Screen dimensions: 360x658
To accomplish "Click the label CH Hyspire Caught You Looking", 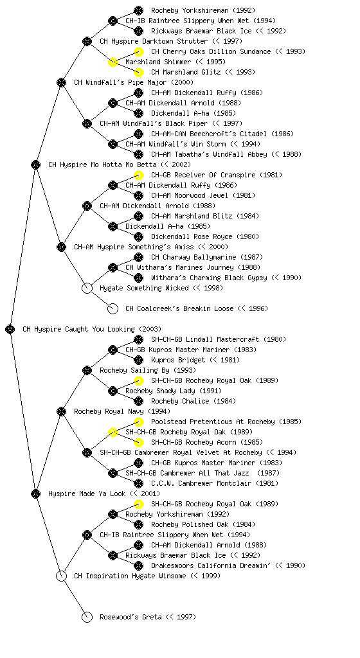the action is pyautogui.click(x=78, y=330).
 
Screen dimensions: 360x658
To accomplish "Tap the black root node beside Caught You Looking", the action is pyautogui.click(x=10, y=330).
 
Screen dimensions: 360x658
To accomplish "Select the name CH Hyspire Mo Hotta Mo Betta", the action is pyautogui.click(x=102, y=165).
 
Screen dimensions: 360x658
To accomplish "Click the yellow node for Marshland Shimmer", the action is pyautogui.click(x=113, y=62).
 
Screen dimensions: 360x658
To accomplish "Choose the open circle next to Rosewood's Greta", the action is pyautogui.click(x=87, y=618).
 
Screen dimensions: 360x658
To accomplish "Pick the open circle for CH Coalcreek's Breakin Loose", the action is pyautogui.click(x=113, y=309).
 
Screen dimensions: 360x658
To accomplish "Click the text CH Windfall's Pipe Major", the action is pyautogui.click(x=120, y=83).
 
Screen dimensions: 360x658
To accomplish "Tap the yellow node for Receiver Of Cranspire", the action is pyautogui.click(x=138, y=175).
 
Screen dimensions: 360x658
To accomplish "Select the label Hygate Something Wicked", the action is pyautogui.click(x=145, y=289).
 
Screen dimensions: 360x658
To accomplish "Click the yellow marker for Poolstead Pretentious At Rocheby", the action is pyautogui.click(x=138, y=422).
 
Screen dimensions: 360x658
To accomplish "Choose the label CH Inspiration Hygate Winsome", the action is pyautogui.click(x=130, y=576).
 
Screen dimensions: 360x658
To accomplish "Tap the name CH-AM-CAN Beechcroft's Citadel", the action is pyautogui.click(x=209, y=134).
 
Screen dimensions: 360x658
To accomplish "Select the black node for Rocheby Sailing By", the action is pyautogui.click(x=87, y=371).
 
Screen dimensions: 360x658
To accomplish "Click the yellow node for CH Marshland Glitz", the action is pyautogui.click(x=138, y=72).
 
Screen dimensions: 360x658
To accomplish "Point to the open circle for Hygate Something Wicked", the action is pyautogui.click(x=87, y=289).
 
